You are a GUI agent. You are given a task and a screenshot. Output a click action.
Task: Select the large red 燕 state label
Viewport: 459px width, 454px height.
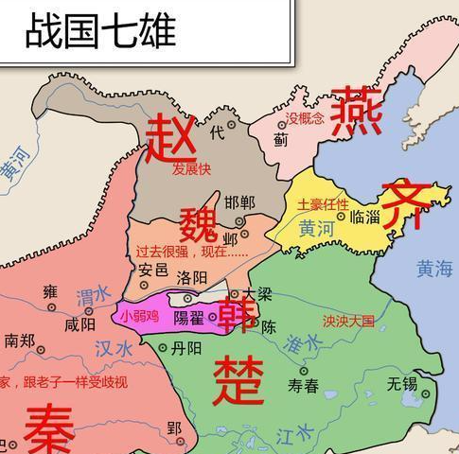click(x=356, y=110)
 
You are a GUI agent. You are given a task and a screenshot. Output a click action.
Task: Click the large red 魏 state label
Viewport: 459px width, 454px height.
click(x=199, y=223)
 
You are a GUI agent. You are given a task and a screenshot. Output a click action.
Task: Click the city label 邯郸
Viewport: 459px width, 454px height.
click(x=239, y=201)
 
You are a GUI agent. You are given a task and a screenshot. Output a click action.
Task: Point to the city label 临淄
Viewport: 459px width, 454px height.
click(x=364, y=217)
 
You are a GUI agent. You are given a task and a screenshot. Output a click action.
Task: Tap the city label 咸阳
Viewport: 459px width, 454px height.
click(x=79, y=324)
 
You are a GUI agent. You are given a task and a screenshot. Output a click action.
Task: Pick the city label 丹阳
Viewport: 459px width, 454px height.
click(x=186, y=348)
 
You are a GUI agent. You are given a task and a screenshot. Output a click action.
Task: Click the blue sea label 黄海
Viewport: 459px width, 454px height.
click(x=434, y=269)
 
